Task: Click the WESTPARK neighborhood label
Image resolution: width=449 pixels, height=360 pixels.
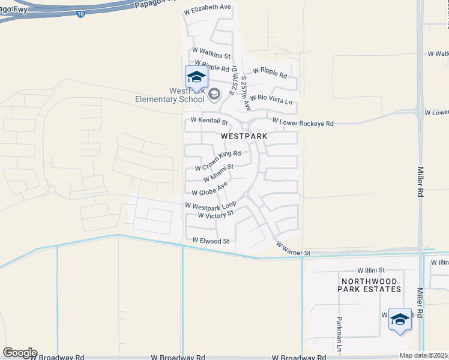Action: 244,136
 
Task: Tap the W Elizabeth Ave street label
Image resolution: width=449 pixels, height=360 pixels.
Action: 208,7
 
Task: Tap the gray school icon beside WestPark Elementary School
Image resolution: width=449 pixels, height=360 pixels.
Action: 214,94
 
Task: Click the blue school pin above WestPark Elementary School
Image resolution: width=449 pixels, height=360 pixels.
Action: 196,77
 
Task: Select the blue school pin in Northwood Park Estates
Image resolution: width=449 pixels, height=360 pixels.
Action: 400,320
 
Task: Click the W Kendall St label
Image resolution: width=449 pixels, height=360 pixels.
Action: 210,120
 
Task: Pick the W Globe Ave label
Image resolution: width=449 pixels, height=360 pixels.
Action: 209,188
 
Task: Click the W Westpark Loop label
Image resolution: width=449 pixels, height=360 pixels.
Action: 210,205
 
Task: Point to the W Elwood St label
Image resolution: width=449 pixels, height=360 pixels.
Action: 211,241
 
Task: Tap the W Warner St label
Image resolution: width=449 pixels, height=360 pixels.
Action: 293,250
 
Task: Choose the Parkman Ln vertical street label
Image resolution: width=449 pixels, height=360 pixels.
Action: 339,334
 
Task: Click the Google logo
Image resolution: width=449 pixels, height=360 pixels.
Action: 20,353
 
